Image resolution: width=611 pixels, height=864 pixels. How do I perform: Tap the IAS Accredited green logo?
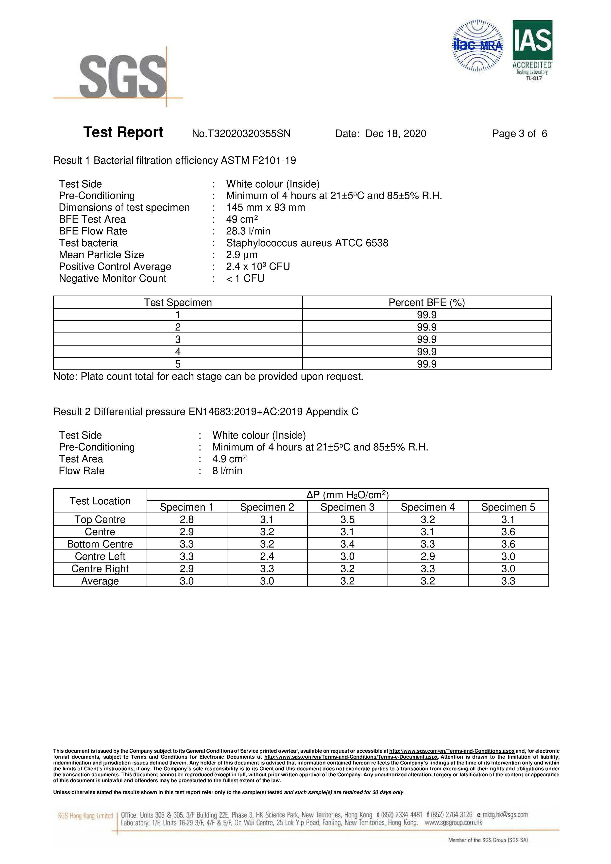click(x=532, y=49)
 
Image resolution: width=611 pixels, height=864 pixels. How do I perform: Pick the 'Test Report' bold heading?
click(x=123, y=133)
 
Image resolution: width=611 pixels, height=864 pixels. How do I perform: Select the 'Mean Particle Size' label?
click(x=101, y=255)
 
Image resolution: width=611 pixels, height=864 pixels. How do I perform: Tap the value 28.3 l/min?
click(x=248, y=231)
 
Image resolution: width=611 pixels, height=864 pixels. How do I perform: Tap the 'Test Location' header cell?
click(x=100, y=501)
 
